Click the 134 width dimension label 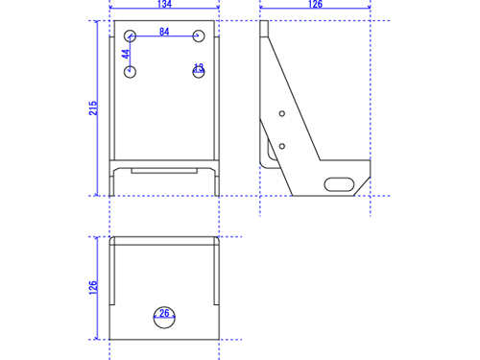click(x=164, y=4)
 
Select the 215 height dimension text click(x=93, y=108)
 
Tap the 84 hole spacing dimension click(x=164, y=32)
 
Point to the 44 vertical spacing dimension click(x=126, y=54)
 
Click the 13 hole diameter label click(x=199, y=67)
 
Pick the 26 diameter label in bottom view click(x=164, y=313)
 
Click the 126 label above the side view click(x=315, y=4)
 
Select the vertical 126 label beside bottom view click(x=93, y=288)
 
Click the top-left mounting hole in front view click(x=131, y=36)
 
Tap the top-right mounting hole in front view click(x=199, y=36)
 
